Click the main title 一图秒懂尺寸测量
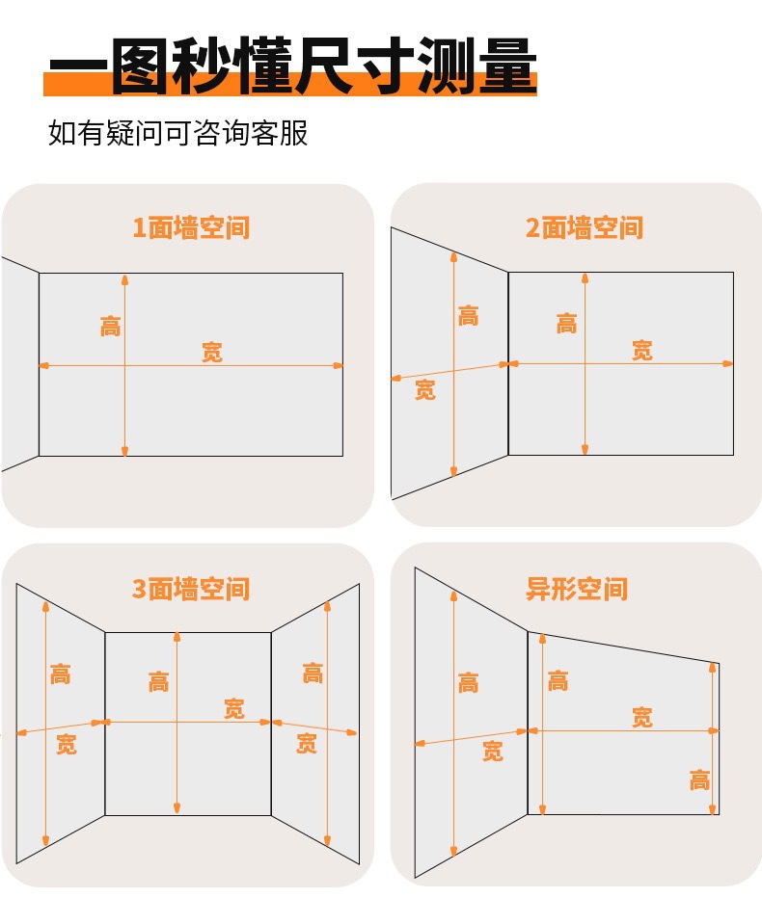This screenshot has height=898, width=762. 292,66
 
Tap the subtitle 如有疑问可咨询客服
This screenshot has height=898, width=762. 177,133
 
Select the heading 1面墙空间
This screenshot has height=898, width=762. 191,227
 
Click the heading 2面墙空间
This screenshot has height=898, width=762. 585,227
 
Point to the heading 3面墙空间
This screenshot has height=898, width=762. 191,589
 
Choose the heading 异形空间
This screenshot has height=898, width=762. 577,589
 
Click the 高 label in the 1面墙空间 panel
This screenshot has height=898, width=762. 111,326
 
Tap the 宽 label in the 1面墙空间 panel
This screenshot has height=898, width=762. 212,352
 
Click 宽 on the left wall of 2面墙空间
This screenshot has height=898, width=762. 424,389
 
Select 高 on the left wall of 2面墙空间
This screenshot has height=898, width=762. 469,316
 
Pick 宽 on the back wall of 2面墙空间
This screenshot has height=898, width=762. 642,350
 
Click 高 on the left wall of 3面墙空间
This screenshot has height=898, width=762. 60,674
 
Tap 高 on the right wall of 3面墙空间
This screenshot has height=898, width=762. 313,673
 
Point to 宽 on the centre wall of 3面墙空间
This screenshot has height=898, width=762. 234,708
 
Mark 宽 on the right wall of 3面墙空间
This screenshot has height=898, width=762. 307,743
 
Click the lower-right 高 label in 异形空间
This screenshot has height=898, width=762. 699,780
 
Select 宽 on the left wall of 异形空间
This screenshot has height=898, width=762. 493,751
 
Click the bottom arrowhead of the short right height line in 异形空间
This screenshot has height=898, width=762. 713,809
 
